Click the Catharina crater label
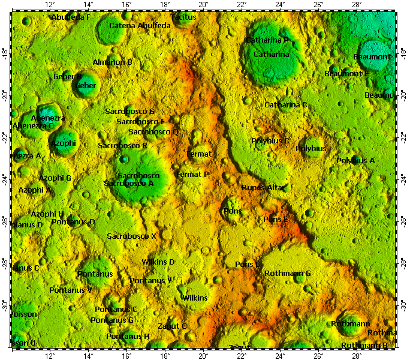coord(271,55)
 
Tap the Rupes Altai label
coord(262,188)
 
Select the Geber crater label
coord(86,86)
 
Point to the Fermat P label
coord(192,175)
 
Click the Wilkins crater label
coord(195,298)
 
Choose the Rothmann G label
coord(288,274)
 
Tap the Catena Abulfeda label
coord(140,26)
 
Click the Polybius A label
coord(355,161)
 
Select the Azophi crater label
coord(64,143)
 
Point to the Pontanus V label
coord(71,290)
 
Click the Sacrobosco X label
coord(131,236)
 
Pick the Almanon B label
coord(113,62)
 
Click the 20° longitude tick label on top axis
coord(203,5)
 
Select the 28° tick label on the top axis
coord(356,5)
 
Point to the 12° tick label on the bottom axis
coord(50,355)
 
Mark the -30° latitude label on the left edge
coord(5,305)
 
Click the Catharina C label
coord(286,105)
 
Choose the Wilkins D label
coord(158,262)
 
